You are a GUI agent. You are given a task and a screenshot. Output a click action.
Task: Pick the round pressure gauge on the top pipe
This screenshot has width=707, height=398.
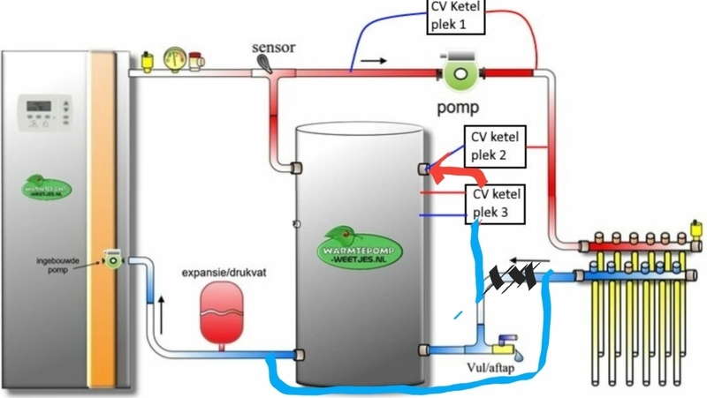175,62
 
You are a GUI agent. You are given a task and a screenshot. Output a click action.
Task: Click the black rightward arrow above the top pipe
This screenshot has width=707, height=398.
375,63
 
